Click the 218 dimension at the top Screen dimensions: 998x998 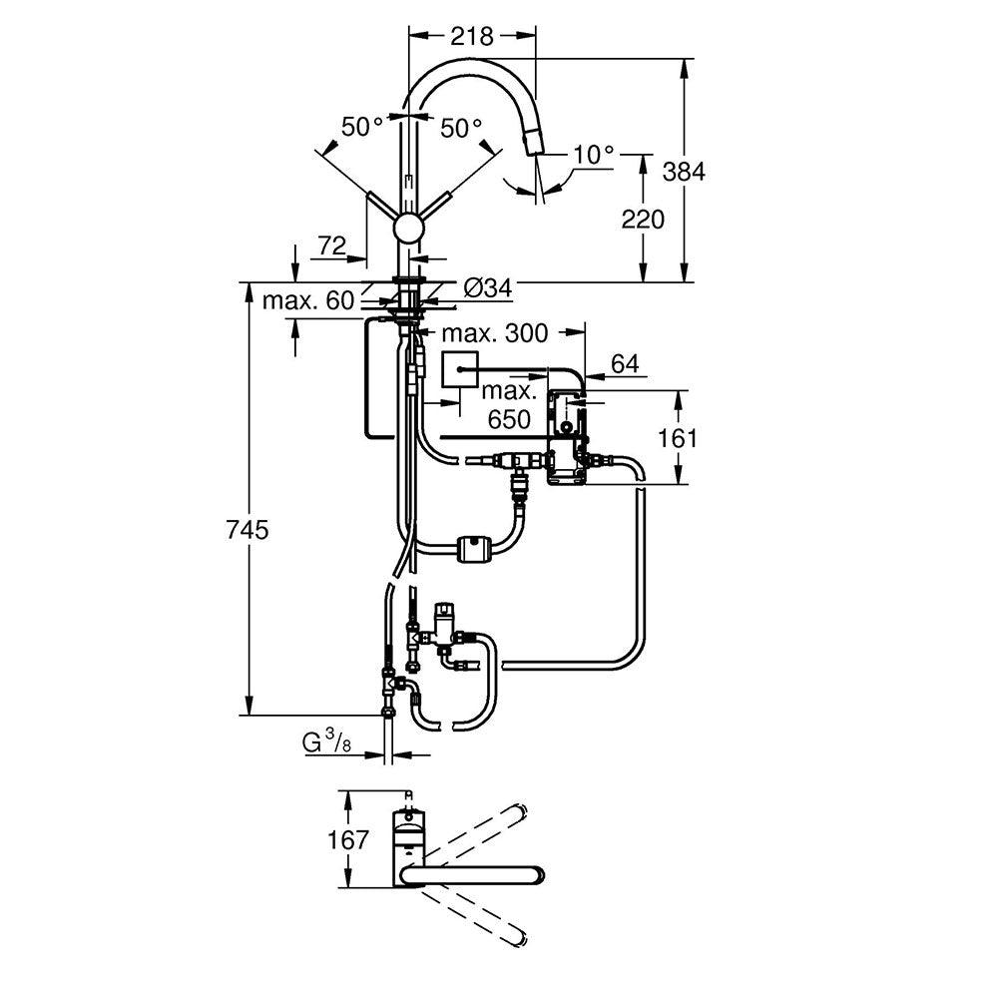pyautogui.click(x=472, y=37)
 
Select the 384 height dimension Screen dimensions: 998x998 pyautogui.click(x=684, y=171)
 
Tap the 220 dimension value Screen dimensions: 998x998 pyautogui.click(x=643, y=219)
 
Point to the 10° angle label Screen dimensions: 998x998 pyautogui.click(x=594, y=155)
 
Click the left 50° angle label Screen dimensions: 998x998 pyautogui.click(x=362, y=127)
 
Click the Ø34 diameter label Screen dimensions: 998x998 pyautogui.click(x=487, y=288)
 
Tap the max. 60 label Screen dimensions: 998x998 pyautogui.click(x=308, y=300)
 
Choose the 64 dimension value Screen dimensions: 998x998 pyautogui.click(x=624, y=364)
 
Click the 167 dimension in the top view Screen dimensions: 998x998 pyautogui.click(x=348, y=839)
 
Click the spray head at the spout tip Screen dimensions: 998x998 pyautogui.click(x=534, y=146)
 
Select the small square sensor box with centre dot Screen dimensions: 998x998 pyautogui.click(x=460, y=372)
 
